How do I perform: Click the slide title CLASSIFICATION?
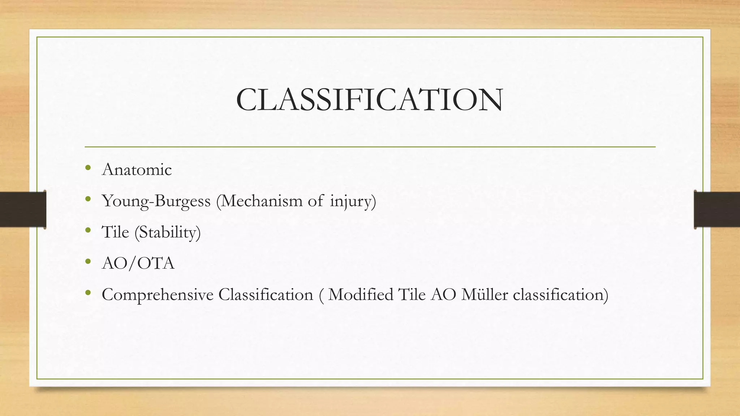pyautogui.click(x=369, y=100)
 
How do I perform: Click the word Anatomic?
pyautogui.click(x=137, y=170)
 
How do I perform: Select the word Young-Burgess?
pyautogui.click(x=156, y=201)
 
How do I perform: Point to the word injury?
pyautogui.click(x=353, y=201)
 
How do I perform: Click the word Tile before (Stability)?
pyautogui.click(x=115, y=232)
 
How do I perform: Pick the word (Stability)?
pyautogui.click(x=168, y=232)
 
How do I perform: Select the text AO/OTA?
pyautogui.click(x=138, y=263)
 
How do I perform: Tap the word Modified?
pyautogui.click(x=361, y=295)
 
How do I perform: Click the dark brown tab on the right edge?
pyautogui.click(x=717, y=209)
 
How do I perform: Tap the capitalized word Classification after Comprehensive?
pyautogui.click(x=266, y=295)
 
